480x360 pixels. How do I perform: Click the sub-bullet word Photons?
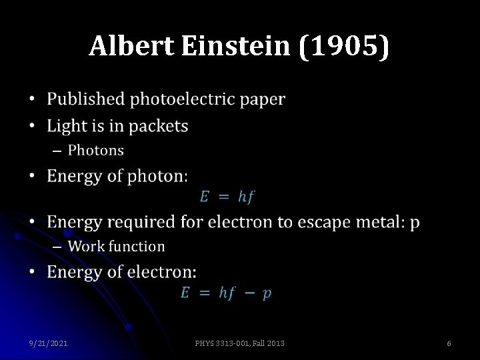pyautogui.click(x=95, y=150)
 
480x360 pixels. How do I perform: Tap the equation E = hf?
pyautogui.click(x=227, y=197)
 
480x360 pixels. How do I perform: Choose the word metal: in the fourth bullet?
pyautogui.click(x=381, y=221)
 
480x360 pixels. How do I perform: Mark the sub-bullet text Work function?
pyautogui.click(x=116, y=246)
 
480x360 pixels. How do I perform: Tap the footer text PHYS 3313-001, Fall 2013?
pyautogui.click(x=239, y=343)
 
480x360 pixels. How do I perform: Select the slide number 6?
pyautogui.click(x=449, y=343)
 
